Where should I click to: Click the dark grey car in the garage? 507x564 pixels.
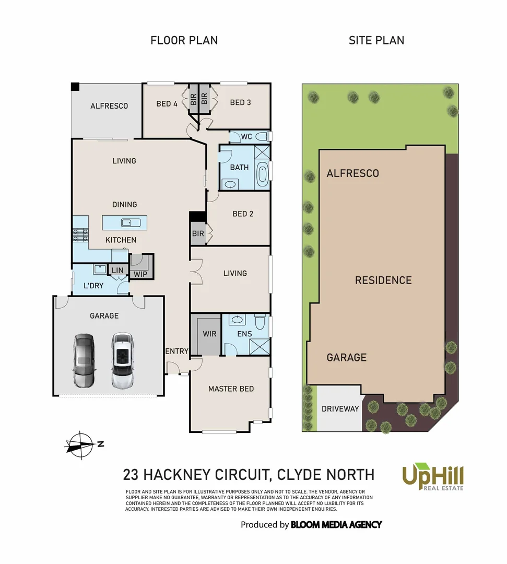pos(84,360)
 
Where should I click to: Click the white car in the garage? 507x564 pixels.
pos(121,360)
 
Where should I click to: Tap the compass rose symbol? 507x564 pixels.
pos(80,445)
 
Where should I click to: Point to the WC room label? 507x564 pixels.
pos(246,137)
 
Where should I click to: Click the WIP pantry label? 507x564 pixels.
pos(140,274)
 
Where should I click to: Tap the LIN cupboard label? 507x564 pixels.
pos(117,270)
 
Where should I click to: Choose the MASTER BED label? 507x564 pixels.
pos(231,389)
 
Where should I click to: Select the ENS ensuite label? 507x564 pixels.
pos(244,334)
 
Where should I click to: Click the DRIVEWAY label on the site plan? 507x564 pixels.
pos(340,408)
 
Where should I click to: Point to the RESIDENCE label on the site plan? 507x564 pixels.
pos(383,280)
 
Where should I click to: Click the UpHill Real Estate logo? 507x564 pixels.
pos(432,476)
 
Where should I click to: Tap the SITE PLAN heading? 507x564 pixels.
pos(376,40)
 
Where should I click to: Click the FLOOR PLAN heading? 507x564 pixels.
pos(184,40)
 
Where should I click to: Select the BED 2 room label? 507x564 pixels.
pos(243,214)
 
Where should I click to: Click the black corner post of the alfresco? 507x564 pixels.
pos(75,86)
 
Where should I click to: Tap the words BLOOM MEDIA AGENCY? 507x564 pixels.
pos(336,524)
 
